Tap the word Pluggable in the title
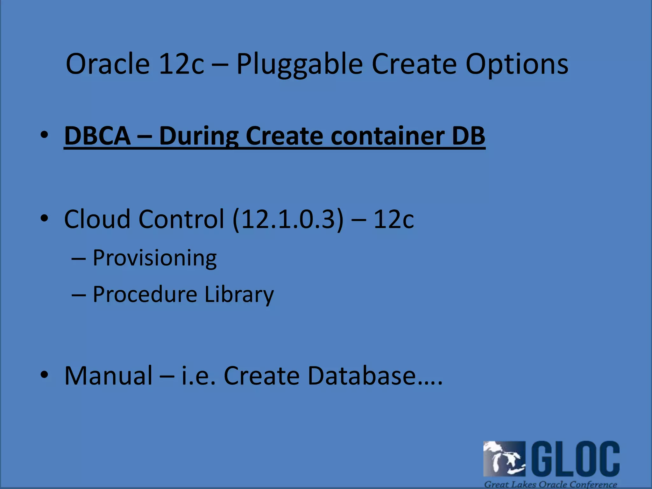(300, 64)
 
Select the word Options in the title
(517, 64)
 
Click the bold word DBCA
(97, 136)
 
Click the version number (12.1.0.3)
(288, 220)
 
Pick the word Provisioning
(155, 258)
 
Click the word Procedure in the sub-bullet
(145, 294)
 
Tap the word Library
(239, 295)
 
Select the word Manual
(109, 376)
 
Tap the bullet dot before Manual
(44, 374)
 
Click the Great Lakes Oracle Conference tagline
(550, 484)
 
